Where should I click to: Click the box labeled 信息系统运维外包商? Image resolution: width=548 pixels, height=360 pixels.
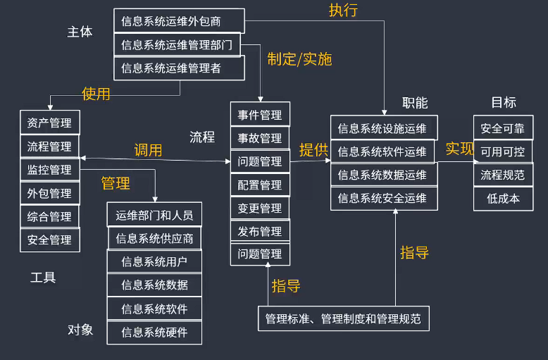tap(179, 21)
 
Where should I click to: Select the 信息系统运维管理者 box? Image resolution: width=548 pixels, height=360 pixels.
tap(179, 68)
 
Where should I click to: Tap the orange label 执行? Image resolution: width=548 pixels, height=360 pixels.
tap(343, 10)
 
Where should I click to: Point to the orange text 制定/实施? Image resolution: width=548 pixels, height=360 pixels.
tap(299, 59)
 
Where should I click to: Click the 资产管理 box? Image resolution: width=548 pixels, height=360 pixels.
tap(49, 123)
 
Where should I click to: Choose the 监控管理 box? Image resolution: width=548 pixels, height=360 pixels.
tap(49, 170)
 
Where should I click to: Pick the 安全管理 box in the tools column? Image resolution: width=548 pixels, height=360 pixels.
tap(49, 240)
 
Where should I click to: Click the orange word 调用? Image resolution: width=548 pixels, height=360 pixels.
tap(148, 150)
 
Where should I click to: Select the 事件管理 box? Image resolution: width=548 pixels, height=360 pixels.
tap(260, 115)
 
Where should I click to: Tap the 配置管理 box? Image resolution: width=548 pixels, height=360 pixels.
tap(260, 185)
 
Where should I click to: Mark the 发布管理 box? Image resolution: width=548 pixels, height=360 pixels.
tap(260, 231)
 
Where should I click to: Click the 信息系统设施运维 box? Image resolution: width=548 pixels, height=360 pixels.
tap(384, 128)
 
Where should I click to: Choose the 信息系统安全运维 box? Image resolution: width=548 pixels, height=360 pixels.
tap(384, 198)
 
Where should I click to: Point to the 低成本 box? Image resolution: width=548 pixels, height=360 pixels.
tap(503, 198)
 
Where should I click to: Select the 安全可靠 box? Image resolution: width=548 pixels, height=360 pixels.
tap(503, 128)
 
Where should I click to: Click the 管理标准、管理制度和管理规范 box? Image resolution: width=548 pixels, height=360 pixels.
tap(343, 318)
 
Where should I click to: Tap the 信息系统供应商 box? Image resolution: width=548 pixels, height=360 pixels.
tap(154, 238)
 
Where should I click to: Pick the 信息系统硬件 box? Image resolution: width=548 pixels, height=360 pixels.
tap(154, 332)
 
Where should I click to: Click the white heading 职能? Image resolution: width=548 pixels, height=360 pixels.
tap(415, 103)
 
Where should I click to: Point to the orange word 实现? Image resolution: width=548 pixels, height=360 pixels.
tap(459, 149)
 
